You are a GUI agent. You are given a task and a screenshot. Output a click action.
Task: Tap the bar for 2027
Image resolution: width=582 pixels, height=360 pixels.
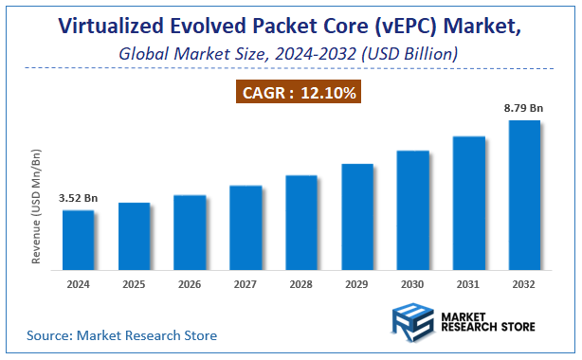pyautogui.click(x=246, y=225)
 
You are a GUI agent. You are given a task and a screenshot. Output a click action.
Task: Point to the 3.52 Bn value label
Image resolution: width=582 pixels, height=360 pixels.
pyautogui.click(x=79, y=200)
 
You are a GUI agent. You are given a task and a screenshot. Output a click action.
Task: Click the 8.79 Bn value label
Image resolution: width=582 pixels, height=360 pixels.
pyautogui.click(x=524, y=110)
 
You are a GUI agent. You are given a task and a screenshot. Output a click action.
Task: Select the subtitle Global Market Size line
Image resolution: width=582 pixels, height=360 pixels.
pyautogui.click(x=289, y=54)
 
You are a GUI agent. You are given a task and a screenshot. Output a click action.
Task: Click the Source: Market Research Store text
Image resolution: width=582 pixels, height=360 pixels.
pyautogui.click(x=121, y=335)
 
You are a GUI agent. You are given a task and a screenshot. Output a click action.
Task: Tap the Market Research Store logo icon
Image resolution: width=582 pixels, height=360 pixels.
pyautogui.click(x=409, y=322)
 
